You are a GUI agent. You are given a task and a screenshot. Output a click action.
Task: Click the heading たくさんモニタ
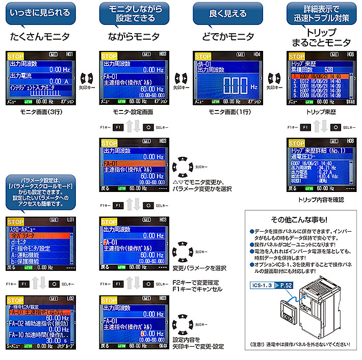pyautogui.click(x=41, y=37)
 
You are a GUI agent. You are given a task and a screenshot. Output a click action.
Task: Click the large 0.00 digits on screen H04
pyautogui.click(x=226, y=84)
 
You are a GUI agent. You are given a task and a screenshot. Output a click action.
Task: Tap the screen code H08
pyautogui.click(x=350, y=140)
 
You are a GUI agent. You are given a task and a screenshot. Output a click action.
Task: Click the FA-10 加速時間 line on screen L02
pyautogui.click(x=40, y=335)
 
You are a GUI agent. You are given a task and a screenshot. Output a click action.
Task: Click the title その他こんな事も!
pyautogui.click(x=300, y=220)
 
